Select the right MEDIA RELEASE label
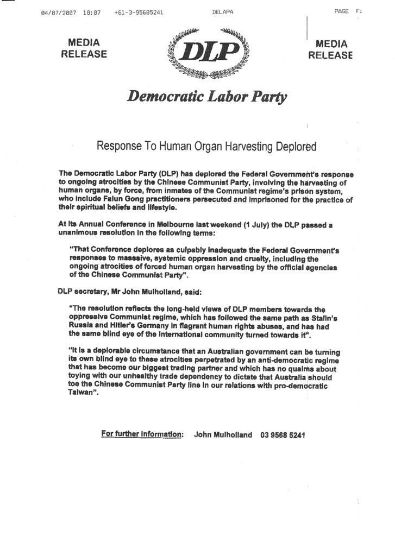(x=330, y=49)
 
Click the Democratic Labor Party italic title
(x=207, y=97)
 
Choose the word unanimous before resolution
(x=79, y=231)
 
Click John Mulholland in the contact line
(x=223, y=435)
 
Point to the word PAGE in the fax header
(x=342, y=11)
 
